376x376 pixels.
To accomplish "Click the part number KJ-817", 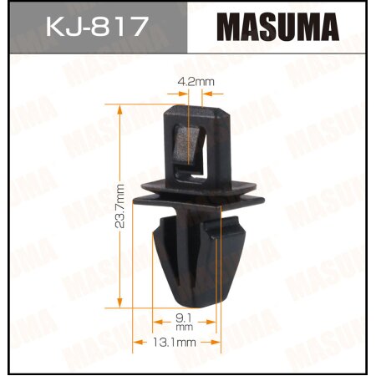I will point(96,28).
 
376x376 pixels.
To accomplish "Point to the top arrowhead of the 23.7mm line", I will point(122,109).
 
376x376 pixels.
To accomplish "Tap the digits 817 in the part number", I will point(117,28).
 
